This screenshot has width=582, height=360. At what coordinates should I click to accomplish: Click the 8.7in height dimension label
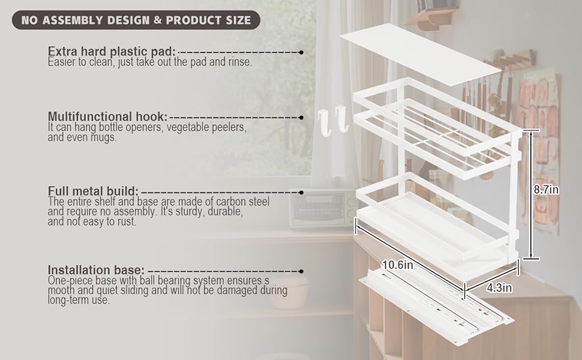point(546,190)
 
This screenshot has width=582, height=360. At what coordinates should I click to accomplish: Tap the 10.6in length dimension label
point(398,265)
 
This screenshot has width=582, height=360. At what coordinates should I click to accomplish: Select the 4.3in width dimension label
point(499,287)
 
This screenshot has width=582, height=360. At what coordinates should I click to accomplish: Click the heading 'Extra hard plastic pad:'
point(112,51)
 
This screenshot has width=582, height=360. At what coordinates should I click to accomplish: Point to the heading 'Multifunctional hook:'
point(107,116)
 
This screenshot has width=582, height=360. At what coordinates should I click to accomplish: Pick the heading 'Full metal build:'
point(93,191)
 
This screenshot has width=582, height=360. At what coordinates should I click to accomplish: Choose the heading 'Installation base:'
point(96,270)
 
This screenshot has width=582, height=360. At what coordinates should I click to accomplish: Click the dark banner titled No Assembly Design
point(136,20)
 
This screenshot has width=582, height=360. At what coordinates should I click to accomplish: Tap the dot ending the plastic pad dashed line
point(301,52)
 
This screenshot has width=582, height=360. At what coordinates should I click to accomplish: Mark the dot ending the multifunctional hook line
point(301,118)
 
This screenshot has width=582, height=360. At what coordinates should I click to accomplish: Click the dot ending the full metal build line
point(301,192)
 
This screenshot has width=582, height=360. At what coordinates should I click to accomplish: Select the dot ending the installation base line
point(301,271)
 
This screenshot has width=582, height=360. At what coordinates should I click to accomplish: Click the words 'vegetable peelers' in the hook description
point(206,127)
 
